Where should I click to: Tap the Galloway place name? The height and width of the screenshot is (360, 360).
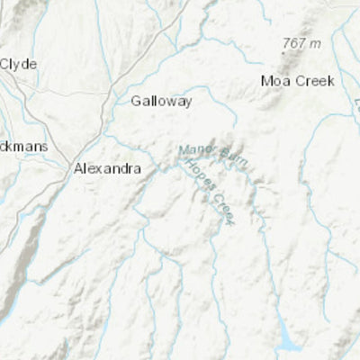pos(161,102)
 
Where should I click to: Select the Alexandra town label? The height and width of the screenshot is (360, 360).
pos(106,166)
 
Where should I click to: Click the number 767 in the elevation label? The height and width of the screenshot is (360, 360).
pos(292,43)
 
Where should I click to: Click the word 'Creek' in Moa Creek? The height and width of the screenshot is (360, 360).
pos(315,81)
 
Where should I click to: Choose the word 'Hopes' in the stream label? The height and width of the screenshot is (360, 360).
pos(197,175)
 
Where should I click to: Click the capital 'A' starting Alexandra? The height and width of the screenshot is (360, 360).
pos(78,166)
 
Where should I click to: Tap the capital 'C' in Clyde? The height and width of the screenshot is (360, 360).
pos(4,64)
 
